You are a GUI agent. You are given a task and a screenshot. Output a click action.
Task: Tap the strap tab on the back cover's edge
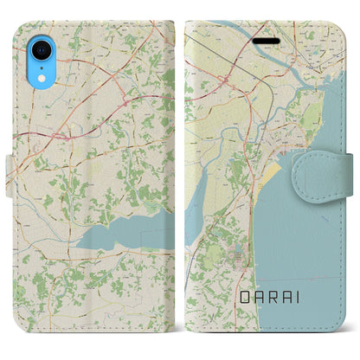point(8,164)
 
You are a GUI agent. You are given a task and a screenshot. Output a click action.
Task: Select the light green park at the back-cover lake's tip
point(152,208)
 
